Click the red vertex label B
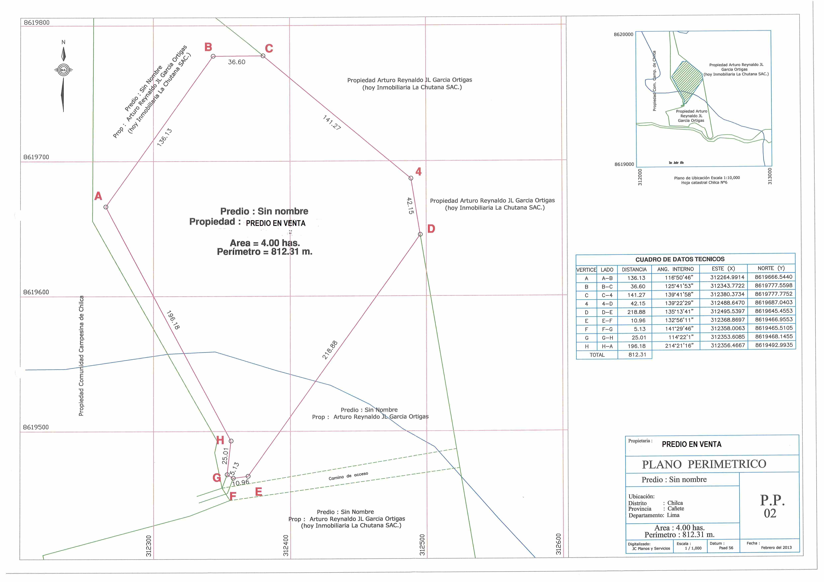pyautogui.click(x=208, y=47)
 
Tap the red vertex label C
pyautogui.click(x=269, y=48)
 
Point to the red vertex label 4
pyautogui.click(x=418, y=172)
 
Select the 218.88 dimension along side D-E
pyautogui.click(x=330, y=350)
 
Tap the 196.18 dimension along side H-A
pyautogui.click(x=173, y=320)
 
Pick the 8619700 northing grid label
pyautogui.click(x=36, y=157)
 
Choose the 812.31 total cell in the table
pyautogui.click(x=637, y=355)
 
